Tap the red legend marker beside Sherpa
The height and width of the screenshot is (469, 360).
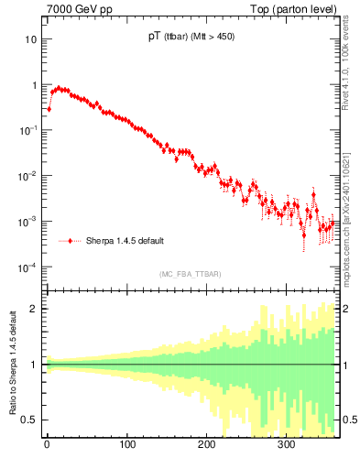click(x=71, y=241)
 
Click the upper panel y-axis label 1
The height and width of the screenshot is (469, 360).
click(x=34, y=85)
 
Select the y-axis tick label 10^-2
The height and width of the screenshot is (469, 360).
click(x=28, y=176)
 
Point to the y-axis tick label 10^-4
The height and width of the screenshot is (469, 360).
click(x=28, y=267)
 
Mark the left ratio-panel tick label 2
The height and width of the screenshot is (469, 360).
click(x=35, y=308)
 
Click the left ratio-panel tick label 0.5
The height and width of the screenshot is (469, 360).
click(x=30, y=420)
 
